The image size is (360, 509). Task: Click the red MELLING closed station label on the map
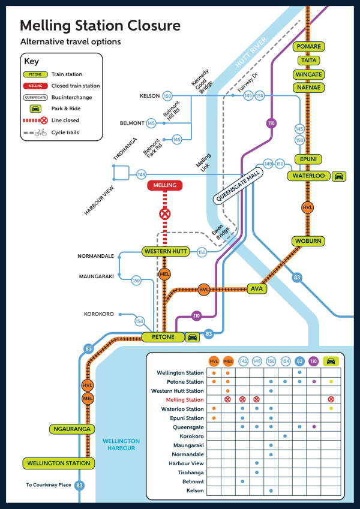[164, 186]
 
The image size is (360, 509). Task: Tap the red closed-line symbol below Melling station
[164, 213]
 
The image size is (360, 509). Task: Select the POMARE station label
[309, 47]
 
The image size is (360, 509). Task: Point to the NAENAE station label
[309, 88]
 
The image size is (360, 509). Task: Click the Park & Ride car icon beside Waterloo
[339, 176]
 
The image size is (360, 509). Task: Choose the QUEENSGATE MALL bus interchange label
[234, 191]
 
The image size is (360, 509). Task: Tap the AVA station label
[256, 289]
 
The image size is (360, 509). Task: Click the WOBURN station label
[308, 241]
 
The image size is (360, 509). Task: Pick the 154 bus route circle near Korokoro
[140, 321]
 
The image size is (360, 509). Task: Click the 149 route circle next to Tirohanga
[142, 174]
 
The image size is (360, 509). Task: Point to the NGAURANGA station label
[71, 429]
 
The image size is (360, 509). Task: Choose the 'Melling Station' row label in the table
[181, 400]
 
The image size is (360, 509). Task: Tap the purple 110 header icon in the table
[313, 362]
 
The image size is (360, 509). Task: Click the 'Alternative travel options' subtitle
[70, 42]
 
